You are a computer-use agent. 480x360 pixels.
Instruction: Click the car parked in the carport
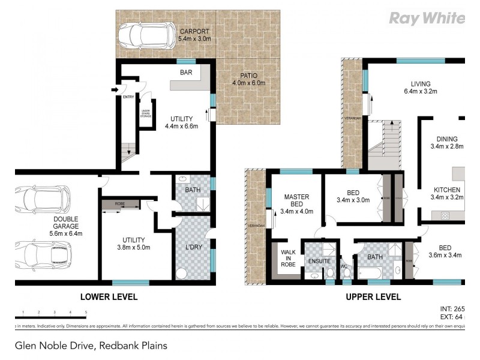coord(144,35)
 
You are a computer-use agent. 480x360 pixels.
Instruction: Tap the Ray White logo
coord(427,18)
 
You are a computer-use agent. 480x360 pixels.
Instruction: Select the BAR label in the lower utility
coord(186,73)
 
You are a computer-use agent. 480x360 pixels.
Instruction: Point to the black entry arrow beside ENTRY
coord(115,90)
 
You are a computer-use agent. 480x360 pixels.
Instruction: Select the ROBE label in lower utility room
coord(120,204)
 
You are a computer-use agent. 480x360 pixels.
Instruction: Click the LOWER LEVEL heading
coord(109,297)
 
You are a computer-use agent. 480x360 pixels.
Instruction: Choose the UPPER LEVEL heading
coord(373,297)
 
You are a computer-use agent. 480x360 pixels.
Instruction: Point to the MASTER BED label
coord(296,203)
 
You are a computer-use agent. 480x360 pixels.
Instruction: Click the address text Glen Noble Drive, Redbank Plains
coord(91,346)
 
